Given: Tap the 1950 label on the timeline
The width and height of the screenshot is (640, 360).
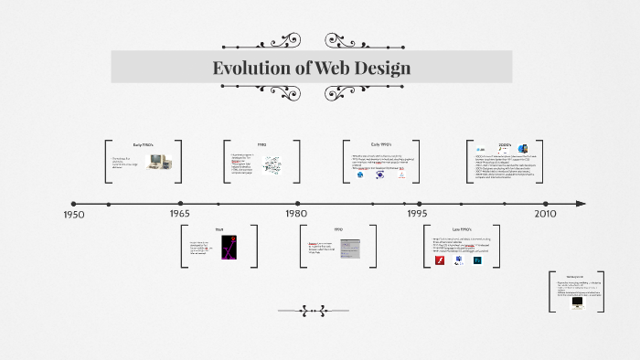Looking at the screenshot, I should [x=74, y=214].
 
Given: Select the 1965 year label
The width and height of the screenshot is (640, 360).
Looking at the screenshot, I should [x=179, y=213].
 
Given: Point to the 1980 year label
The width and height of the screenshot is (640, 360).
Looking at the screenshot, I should [x=295, y=213].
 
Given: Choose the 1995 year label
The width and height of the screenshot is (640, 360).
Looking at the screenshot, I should [x=417, y=213].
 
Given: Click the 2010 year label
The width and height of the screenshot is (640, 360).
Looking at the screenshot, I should [x=545, y=213].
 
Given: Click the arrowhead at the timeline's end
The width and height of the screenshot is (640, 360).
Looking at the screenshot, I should [x=581, y=204].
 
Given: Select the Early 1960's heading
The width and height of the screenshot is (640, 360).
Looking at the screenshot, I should [x=143, y=144].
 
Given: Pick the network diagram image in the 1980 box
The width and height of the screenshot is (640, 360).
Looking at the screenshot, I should [x=273, y=164].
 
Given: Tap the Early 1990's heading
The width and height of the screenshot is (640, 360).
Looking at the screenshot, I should [x=381, y=144].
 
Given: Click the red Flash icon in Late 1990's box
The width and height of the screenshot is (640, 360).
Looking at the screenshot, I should [x=439, y=260].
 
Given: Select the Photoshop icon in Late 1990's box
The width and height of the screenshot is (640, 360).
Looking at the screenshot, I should [x=477, y=260].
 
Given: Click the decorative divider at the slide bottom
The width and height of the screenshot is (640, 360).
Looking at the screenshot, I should [x=313, y=311].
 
